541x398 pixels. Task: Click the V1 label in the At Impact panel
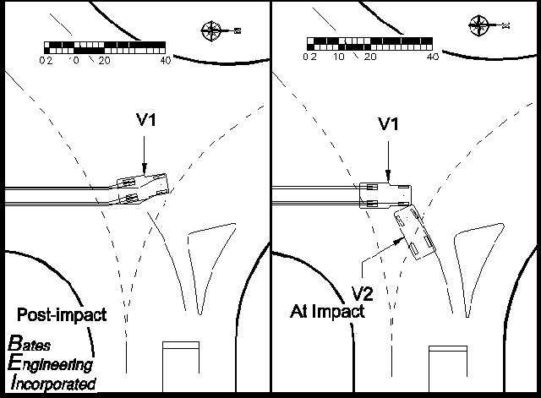point(388,123)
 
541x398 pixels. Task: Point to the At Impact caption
point(325,311)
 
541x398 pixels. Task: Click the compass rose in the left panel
point(211,31)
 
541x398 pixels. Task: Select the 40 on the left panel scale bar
point(166,61)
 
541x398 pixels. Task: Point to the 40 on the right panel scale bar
point(432,57)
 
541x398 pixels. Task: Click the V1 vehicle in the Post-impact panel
point(144,188)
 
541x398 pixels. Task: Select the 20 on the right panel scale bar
point(370,57)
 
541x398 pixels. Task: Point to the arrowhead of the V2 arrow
point(400,241)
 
